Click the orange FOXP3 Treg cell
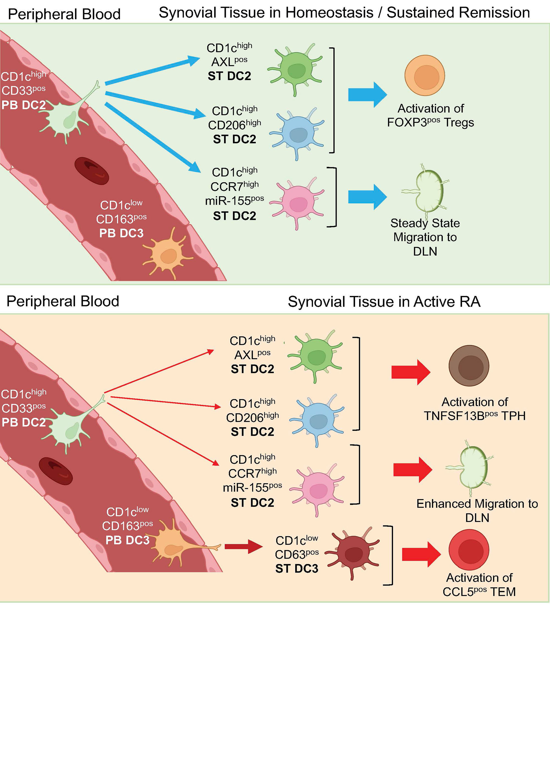pyautogui.click(x=425, y=75)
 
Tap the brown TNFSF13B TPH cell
pyautogui.click(x=469, y=366)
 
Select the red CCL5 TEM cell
pyautogui.click(x=469, y=550)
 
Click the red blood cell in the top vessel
pyautogui.click(x=92, y=171)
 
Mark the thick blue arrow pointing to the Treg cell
pyautogui.click(x=367, y=94)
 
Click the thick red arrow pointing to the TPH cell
pyautogui.click(x=410, y=372)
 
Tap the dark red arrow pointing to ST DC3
pyautogui.click(x=243, y=547)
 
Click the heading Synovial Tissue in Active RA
pyautogui.click(x=384, y=301)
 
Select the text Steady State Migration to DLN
pyautogui.click(x=425, y=237)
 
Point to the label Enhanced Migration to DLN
pyautogui.click(x=477, y=510)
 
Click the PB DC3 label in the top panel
pyautogui.click(x=121, y=233)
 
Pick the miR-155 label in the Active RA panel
pyautogui.click(x=252, y=488)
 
